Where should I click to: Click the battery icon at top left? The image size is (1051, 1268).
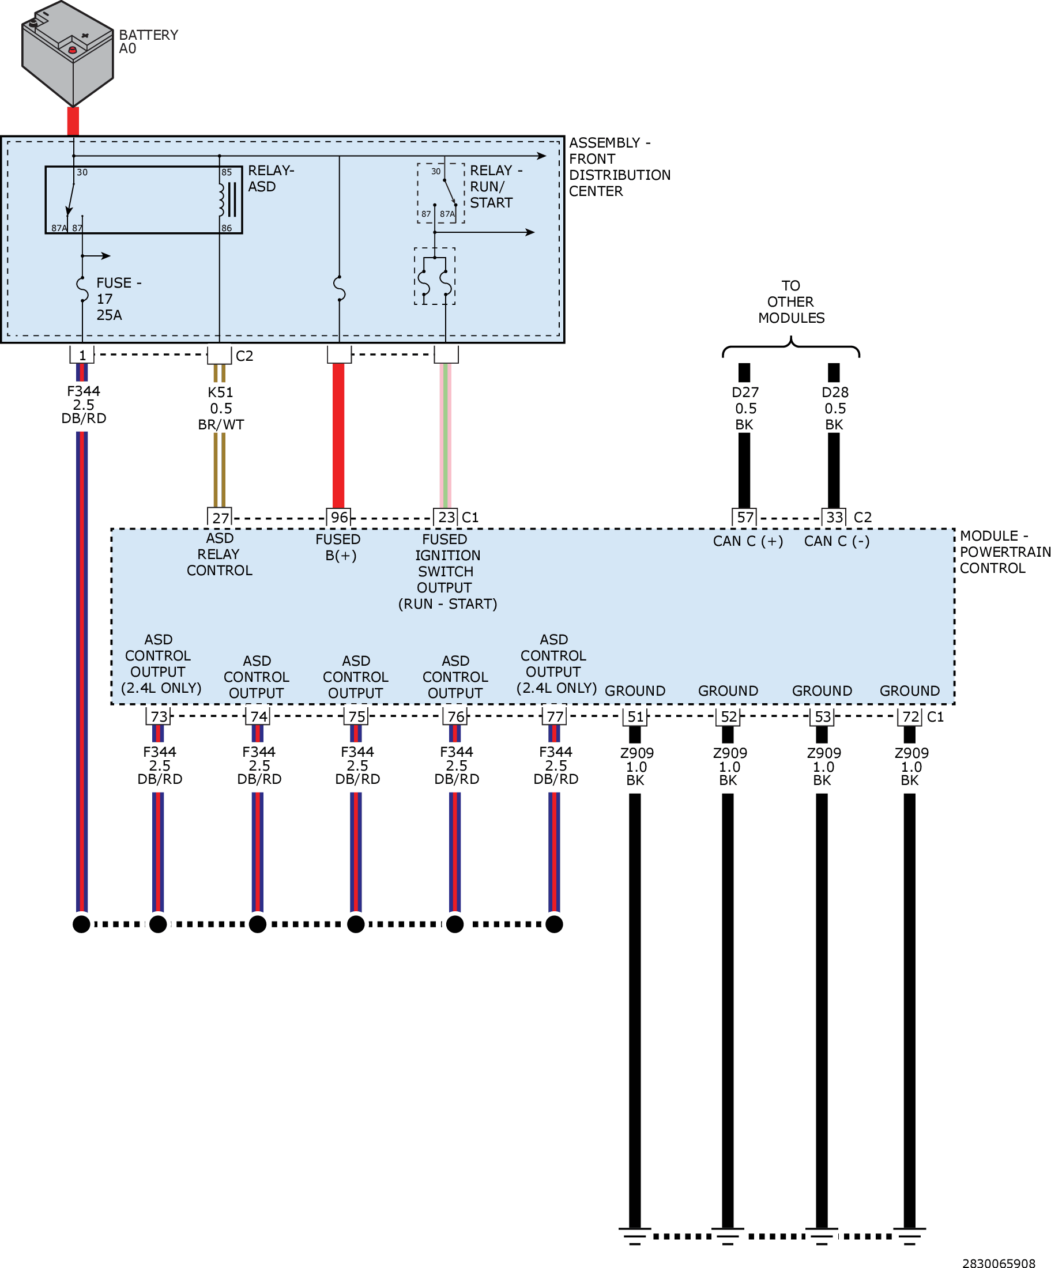[x=67, y=53]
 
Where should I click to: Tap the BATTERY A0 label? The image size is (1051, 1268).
[x=148, y=41]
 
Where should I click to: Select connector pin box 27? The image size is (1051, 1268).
[x=220, y=518]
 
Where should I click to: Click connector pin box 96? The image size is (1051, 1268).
[x=339, y=517]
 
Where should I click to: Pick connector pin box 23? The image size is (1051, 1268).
[x=446, y=517]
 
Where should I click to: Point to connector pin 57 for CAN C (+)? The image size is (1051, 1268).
[x=744, y=517]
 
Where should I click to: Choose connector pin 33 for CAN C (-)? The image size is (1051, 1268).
[x=834, y=517]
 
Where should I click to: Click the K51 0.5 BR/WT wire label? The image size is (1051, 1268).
[x=220, y=408]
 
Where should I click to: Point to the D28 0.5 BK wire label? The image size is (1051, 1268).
[x=834, y=408]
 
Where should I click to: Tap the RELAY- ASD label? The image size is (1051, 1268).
[x=270, y=178]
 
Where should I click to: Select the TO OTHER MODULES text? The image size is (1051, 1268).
[x=790, y=301]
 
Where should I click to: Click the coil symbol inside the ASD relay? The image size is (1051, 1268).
[x=223, y=200]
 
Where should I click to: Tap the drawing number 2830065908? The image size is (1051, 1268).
[x=998, y=1263]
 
